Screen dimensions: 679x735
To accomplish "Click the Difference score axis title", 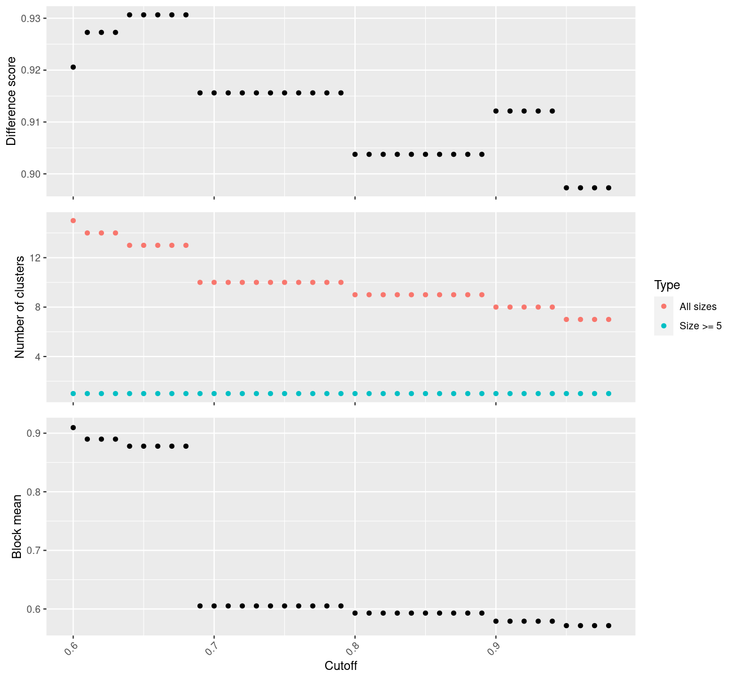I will pyautogui.click(x=11, y=101).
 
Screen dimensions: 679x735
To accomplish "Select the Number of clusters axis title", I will pyautogui.click(x=20, y=307).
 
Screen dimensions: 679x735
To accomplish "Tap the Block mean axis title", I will pyautogui.click(x=17, y=527).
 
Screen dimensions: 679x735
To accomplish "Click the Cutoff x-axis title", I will pyautogui.click(x=341, y=665).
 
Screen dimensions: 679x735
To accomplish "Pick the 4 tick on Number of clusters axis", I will pyautogui.click(x=37, y=356).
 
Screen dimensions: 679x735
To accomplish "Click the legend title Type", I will pyautogui.click(x=667, y=285).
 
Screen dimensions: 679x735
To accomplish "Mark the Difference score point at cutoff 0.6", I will pyautogui.click(x=73, y=67).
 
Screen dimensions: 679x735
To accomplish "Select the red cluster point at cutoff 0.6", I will pyautogui.click(x=73, y=221).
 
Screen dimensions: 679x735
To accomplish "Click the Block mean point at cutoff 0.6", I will pyautogui.click(x=73, y=427).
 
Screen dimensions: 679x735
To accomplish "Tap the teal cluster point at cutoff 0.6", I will pyautogui.click(x=73, y=393).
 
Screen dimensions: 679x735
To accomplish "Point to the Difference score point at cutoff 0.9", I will pyautogui.click(x=496, y=111).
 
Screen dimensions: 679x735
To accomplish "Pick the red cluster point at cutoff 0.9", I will pyautogui.click(x=496, y=307).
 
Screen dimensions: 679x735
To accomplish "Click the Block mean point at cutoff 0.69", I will pyautogui.click(x=200, y=606).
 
